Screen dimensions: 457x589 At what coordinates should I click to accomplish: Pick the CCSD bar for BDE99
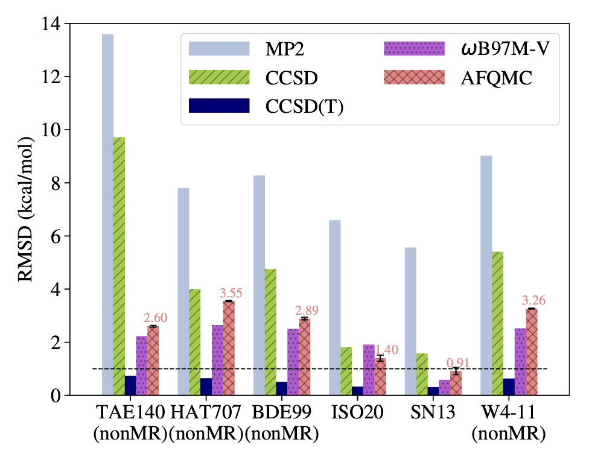click(270, 332)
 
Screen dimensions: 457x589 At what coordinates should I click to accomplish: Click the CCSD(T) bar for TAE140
click(130, 386)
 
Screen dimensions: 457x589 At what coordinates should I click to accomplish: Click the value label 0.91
click(458, 363)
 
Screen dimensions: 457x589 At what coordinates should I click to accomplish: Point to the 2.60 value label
click(155, 318)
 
